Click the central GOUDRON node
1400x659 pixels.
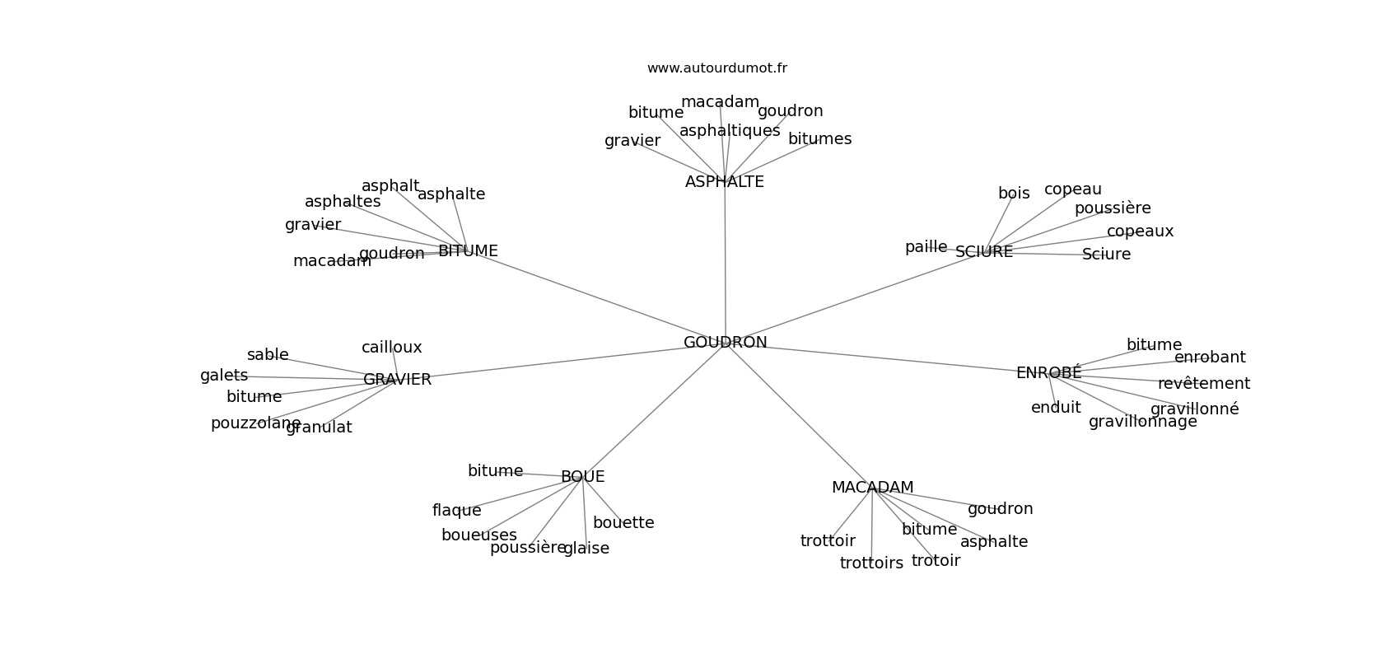point(725,343)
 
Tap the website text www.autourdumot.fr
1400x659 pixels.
point(716,68)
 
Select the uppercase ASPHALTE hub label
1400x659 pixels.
point(725,182)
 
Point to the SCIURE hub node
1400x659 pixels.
point(984,252)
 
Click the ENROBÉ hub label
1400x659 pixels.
point(1048,373)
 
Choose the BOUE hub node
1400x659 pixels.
point(582,477)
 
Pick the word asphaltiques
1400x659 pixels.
point(730,131)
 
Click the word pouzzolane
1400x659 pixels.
point(255,423)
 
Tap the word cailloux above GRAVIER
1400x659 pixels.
point(391,348)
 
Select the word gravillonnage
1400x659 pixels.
point(1142,422)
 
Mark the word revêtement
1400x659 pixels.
point(1203,384)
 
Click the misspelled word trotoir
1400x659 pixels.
point(936,561)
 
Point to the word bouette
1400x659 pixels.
point(623,523)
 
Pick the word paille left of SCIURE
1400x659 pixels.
point(926,247)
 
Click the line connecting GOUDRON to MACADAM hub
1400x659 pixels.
point(799,415)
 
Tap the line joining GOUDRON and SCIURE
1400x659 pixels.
point(856,297)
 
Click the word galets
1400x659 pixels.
point(224,376)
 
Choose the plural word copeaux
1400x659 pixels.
point(1140,231)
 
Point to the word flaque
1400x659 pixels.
point(456,511)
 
